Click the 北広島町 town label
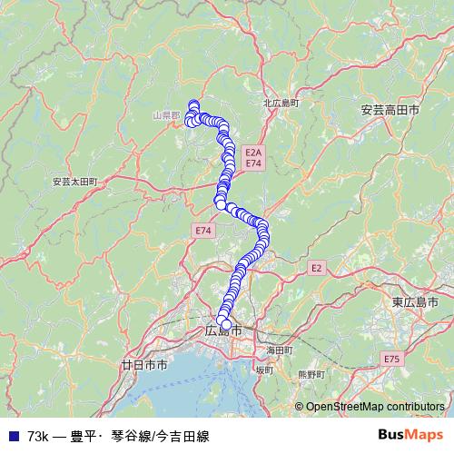point(281,104)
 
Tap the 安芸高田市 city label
point(390,109)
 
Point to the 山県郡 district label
point(166,116)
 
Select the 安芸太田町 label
point(74,182)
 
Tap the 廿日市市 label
point(143,365)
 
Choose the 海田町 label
point(279,350)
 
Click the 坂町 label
point(263,370)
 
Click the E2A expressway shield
point(252,152)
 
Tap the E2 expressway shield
point(316,268)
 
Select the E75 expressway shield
point(391,360)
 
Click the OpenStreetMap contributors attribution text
point(374,408)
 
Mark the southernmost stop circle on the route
point(225,324)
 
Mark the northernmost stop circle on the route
point(193,104)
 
